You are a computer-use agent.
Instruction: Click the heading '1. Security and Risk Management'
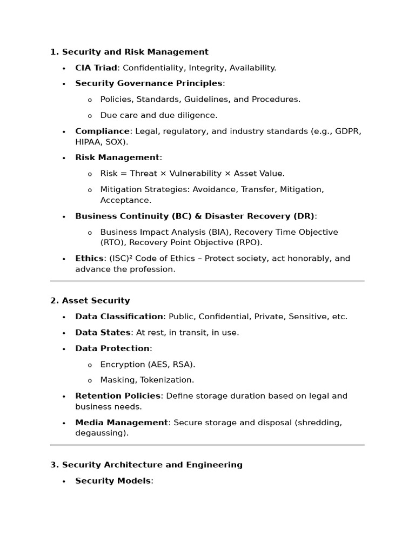(x=129, y=52)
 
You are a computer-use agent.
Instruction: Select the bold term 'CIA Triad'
(x=96, y=68)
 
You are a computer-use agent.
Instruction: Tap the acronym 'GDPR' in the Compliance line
(x=348, y=131)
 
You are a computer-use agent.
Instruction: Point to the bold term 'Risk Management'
(x=117, y=157)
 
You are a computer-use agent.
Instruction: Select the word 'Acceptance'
(x=125, y=200)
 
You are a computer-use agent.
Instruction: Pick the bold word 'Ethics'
(x=89, y=258)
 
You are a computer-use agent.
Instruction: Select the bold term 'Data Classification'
(x=119, y=316)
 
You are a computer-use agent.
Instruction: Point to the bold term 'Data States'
(x=103, y=332)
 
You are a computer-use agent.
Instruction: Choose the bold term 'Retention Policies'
(x=118, y=395)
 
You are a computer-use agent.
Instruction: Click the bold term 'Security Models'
(x=113, y=480)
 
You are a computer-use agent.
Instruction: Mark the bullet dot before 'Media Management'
(x=63, y=423)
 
